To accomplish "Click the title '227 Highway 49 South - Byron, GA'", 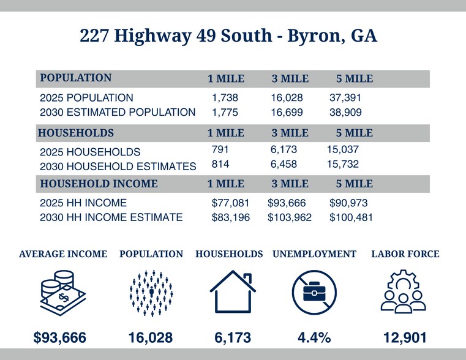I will point(228,36).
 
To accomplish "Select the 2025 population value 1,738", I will point(225,97).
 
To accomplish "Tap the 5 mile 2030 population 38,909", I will point(345,113).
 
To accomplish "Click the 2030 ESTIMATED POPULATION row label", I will point(118,113).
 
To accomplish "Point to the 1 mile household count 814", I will point(220,164).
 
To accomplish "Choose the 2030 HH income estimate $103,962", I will point(290,217).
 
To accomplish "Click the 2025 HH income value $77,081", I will point(230,203).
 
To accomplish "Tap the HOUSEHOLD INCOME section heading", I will point(99,184).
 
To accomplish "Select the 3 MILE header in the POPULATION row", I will point(290,79).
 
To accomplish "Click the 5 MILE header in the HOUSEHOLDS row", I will point(354,133).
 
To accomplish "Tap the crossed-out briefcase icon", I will point(314,293).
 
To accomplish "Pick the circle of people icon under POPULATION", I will point(151,293).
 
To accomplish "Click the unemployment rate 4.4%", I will point(314,337).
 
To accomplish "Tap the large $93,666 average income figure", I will point(59,337).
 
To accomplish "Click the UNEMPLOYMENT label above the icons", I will point(314,254).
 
